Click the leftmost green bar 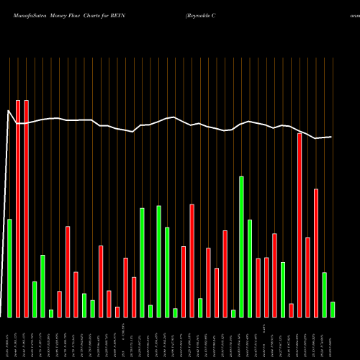pos(10,268)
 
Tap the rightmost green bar pos(332,309)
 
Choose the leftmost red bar pos(18,209)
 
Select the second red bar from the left pos(27,209)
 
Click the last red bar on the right pos(315,253)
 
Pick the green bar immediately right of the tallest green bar pos(250,268)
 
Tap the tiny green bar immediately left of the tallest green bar pos(233,313)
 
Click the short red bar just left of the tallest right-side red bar pos(291,310)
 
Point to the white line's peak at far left pos(9,110)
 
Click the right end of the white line pos(331,137)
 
